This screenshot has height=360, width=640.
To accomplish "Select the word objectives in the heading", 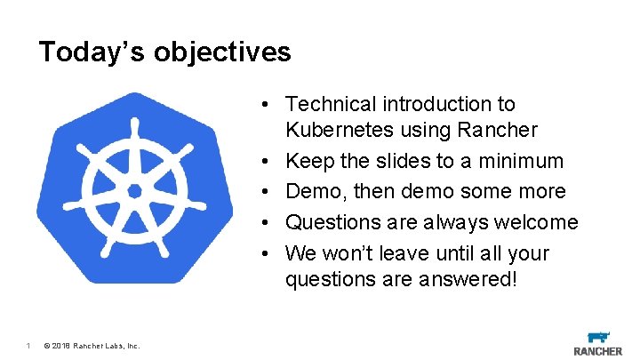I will [222, 52].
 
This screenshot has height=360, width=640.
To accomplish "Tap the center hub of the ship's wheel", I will [134, 191].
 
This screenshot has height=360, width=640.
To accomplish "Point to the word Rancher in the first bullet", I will [502, 131].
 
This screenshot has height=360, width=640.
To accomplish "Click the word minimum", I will [523, 161].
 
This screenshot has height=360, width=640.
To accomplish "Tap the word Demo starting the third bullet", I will [311, 191].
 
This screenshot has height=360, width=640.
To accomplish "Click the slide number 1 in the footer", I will [28, 346].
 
